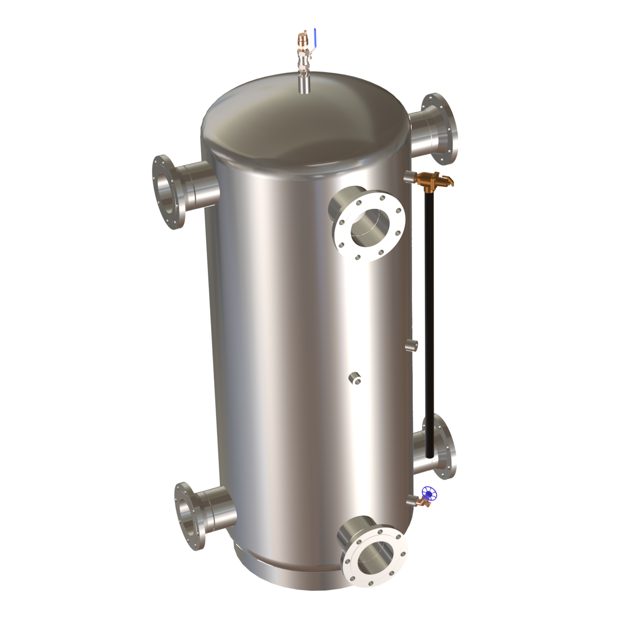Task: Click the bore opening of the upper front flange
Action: [x=370, y=226]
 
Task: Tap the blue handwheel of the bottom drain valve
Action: [x=430, y=493]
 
